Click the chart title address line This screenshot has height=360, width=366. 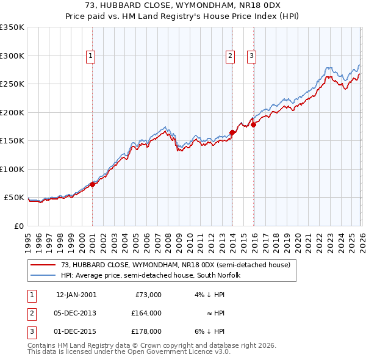(x=183, y=4)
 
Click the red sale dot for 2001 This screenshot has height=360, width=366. (x=92, y=184)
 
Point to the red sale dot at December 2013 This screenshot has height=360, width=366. (x=232, y=132)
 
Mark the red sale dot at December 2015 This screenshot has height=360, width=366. (x=254, y=124)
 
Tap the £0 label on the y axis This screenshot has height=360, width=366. (x=19, y=226)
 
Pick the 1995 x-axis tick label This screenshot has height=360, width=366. (x=28, y=242)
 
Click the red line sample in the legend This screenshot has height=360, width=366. (x=43, y=265)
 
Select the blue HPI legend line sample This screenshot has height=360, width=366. (x=43, y=275)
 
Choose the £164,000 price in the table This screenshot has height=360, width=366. (x=146, y=313)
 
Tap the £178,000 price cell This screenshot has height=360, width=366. (x=146, y=331)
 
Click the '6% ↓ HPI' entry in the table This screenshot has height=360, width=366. (x=210, y=331)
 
